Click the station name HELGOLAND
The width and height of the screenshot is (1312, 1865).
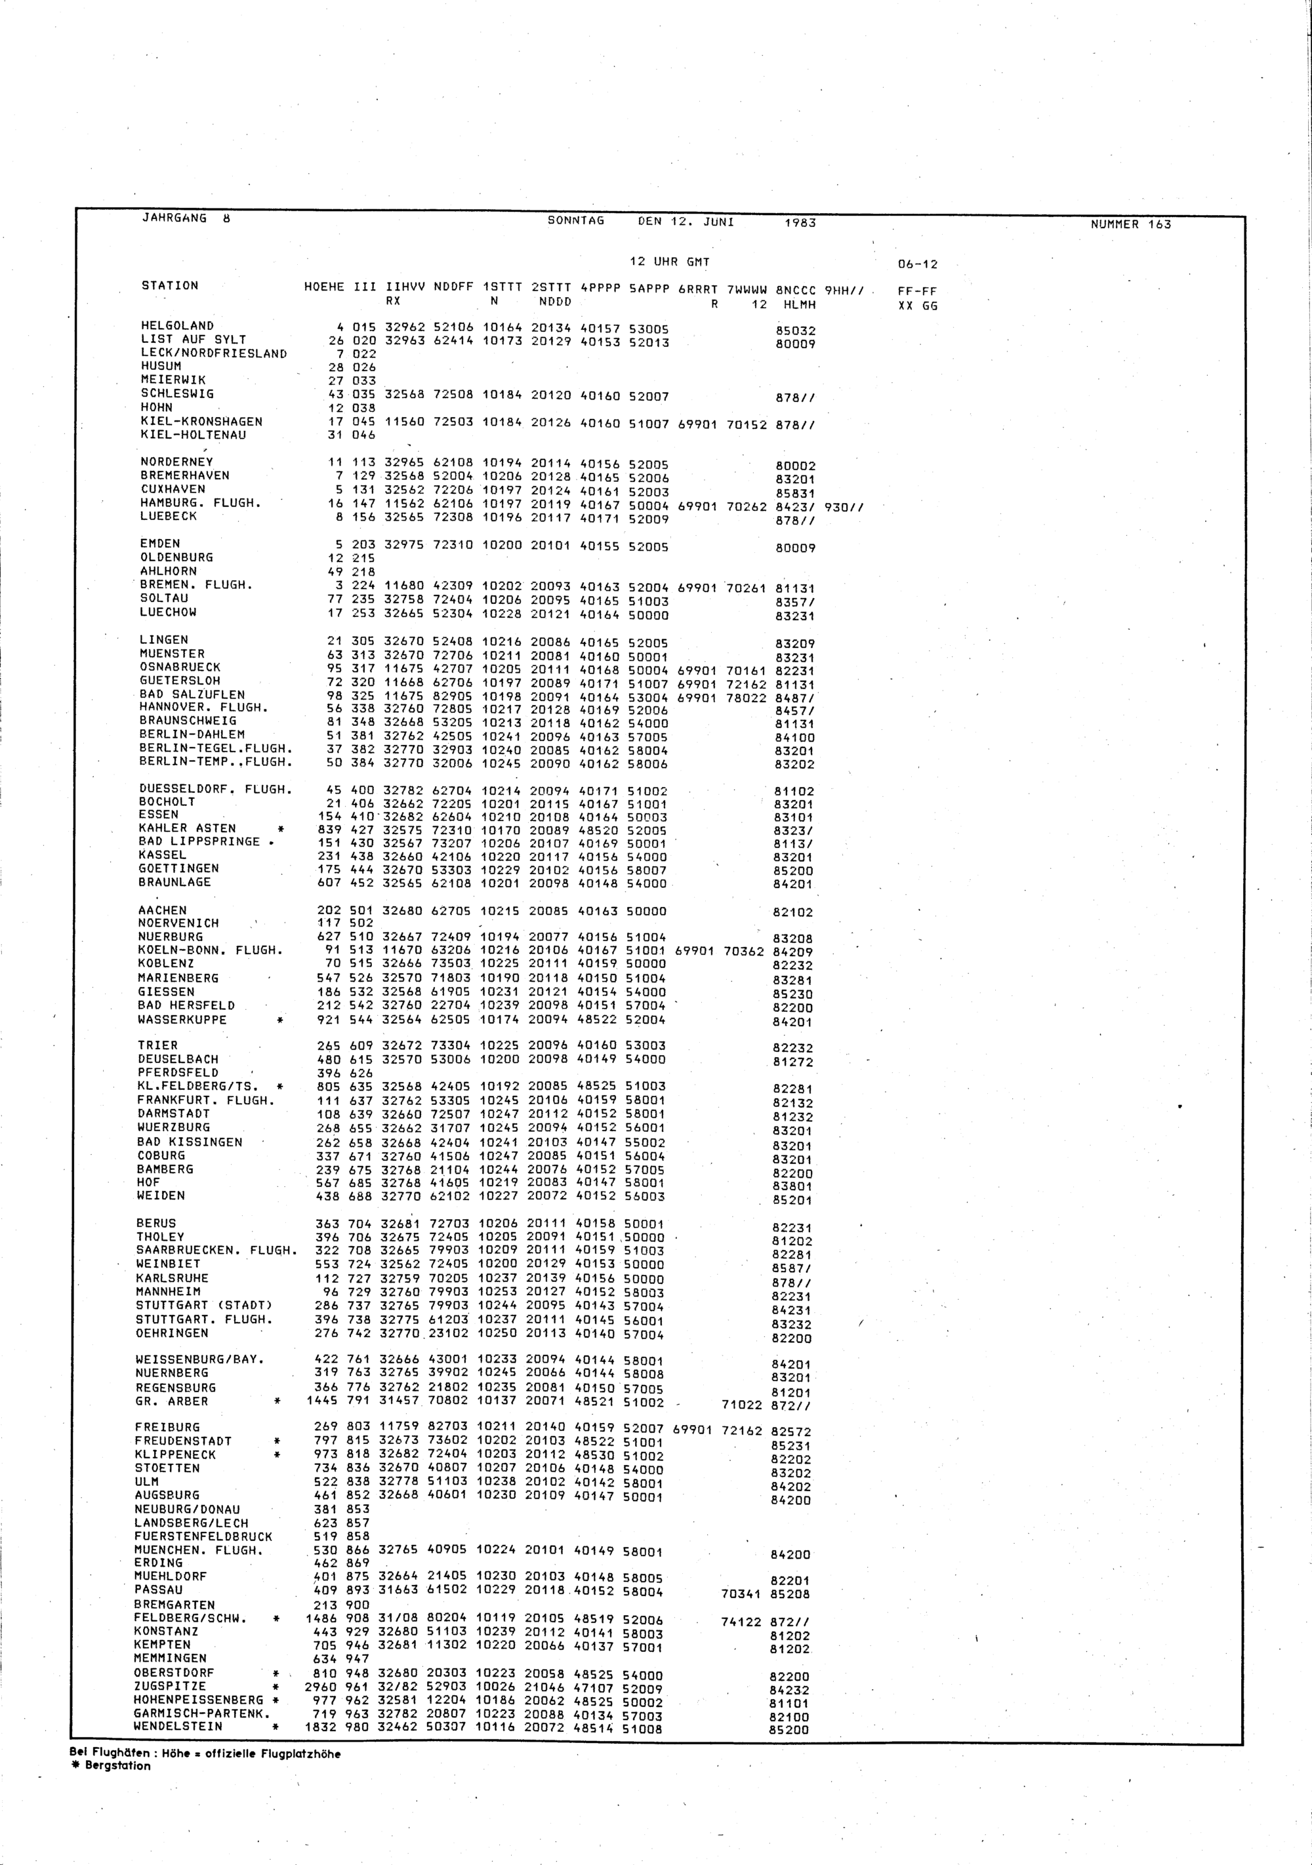click(x=177, y=326)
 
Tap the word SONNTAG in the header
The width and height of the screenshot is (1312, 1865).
click(x=576, y=221)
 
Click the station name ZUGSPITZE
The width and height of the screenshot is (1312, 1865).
click(x=170, y=1686)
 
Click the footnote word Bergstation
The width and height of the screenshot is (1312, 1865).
click(x=118, y=1766)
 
